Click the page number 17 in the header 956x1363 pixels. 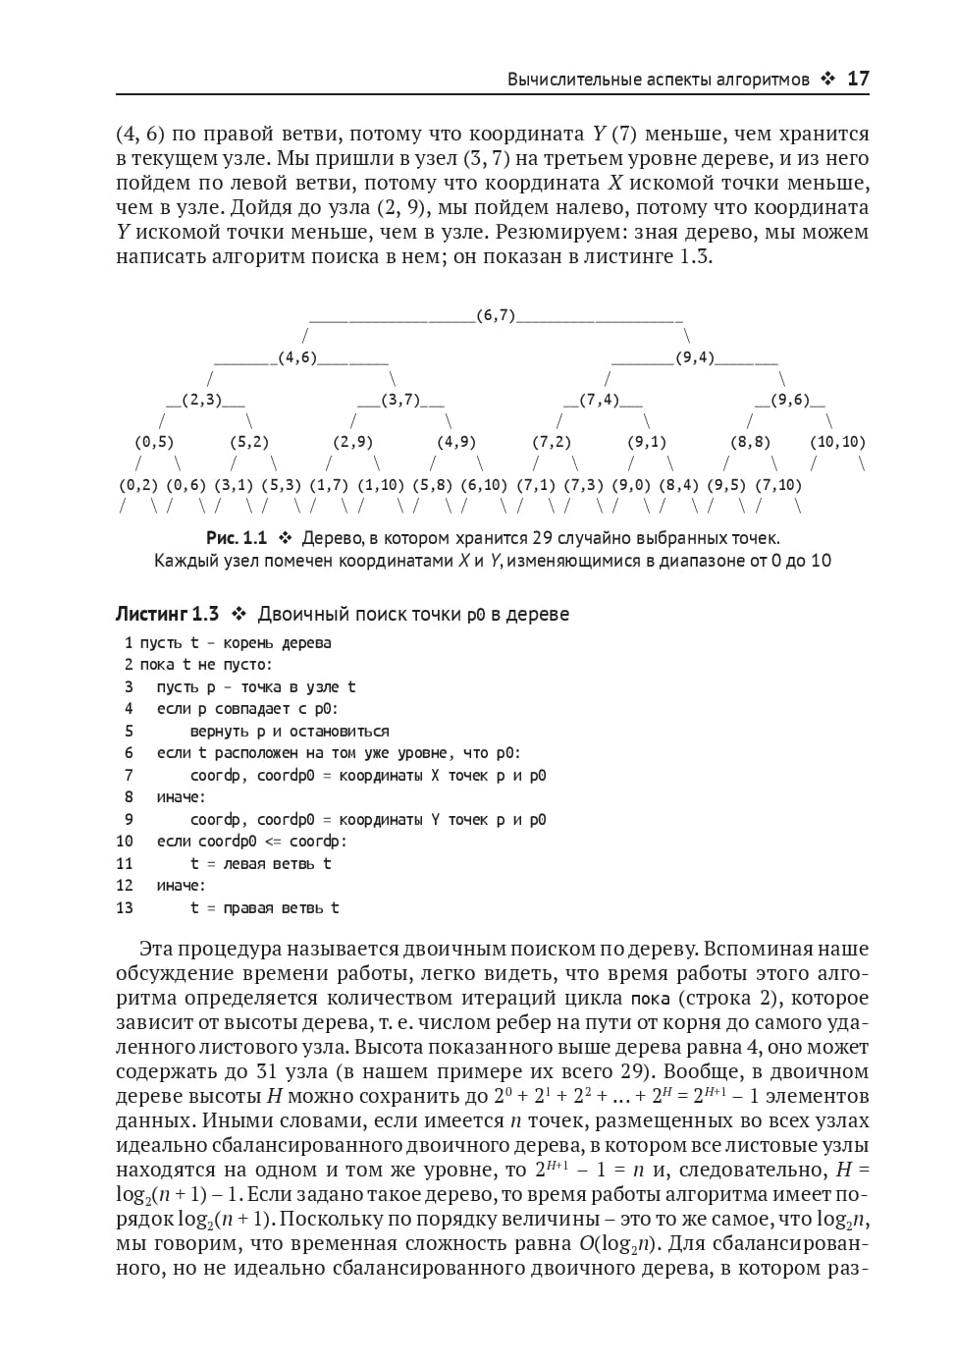tap(858, 80)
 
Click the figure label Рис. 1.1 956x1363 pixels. tap(236, 538)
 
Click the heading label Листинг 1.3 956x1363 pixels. tap(167, 614)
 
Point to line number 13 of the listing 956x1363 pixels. tap(125, 907)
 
